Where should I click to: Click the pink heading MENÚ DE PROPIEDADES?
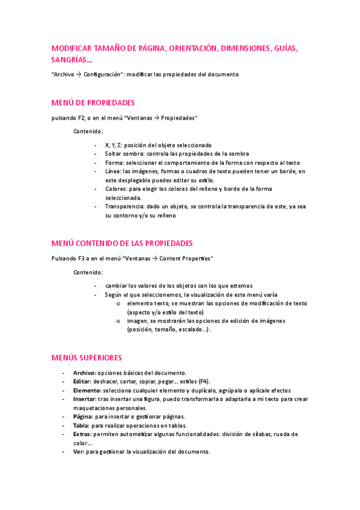93,103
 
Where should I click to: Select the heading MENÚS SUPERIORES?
87,358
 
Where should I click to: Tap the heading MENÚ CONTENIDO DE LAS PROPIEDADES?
122,244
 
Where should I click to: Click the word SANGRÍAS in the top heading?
70,60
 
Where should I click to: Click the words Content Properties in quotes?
186,259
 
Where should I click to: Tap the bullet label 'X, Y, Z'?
113,145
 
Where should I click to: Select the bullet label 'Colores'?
117,189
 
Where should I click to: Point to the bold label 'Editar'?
82,381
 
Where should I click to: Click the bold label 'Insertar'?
84,399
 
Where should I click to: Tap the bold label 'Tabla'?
81,425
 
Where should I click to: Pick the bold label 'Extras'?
82,434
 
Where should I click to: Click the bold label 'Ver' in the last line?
78,452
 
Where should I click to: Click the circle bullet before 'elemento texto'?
119,304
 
